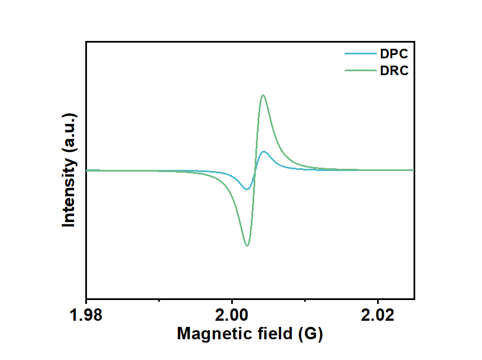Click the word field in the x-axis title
click(272, 334)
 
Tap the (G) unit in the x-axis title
click(310, 334)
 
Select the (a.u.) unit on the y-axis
click(69, 134)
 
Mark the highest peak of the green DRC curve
click(263, 95)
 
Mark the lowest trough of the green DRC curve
click(247, 246)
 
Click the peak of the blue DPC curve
click(263, 151)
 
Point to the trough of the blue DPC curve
click(246, 189)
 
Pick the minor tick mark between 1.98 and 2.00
click(159, 298)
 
